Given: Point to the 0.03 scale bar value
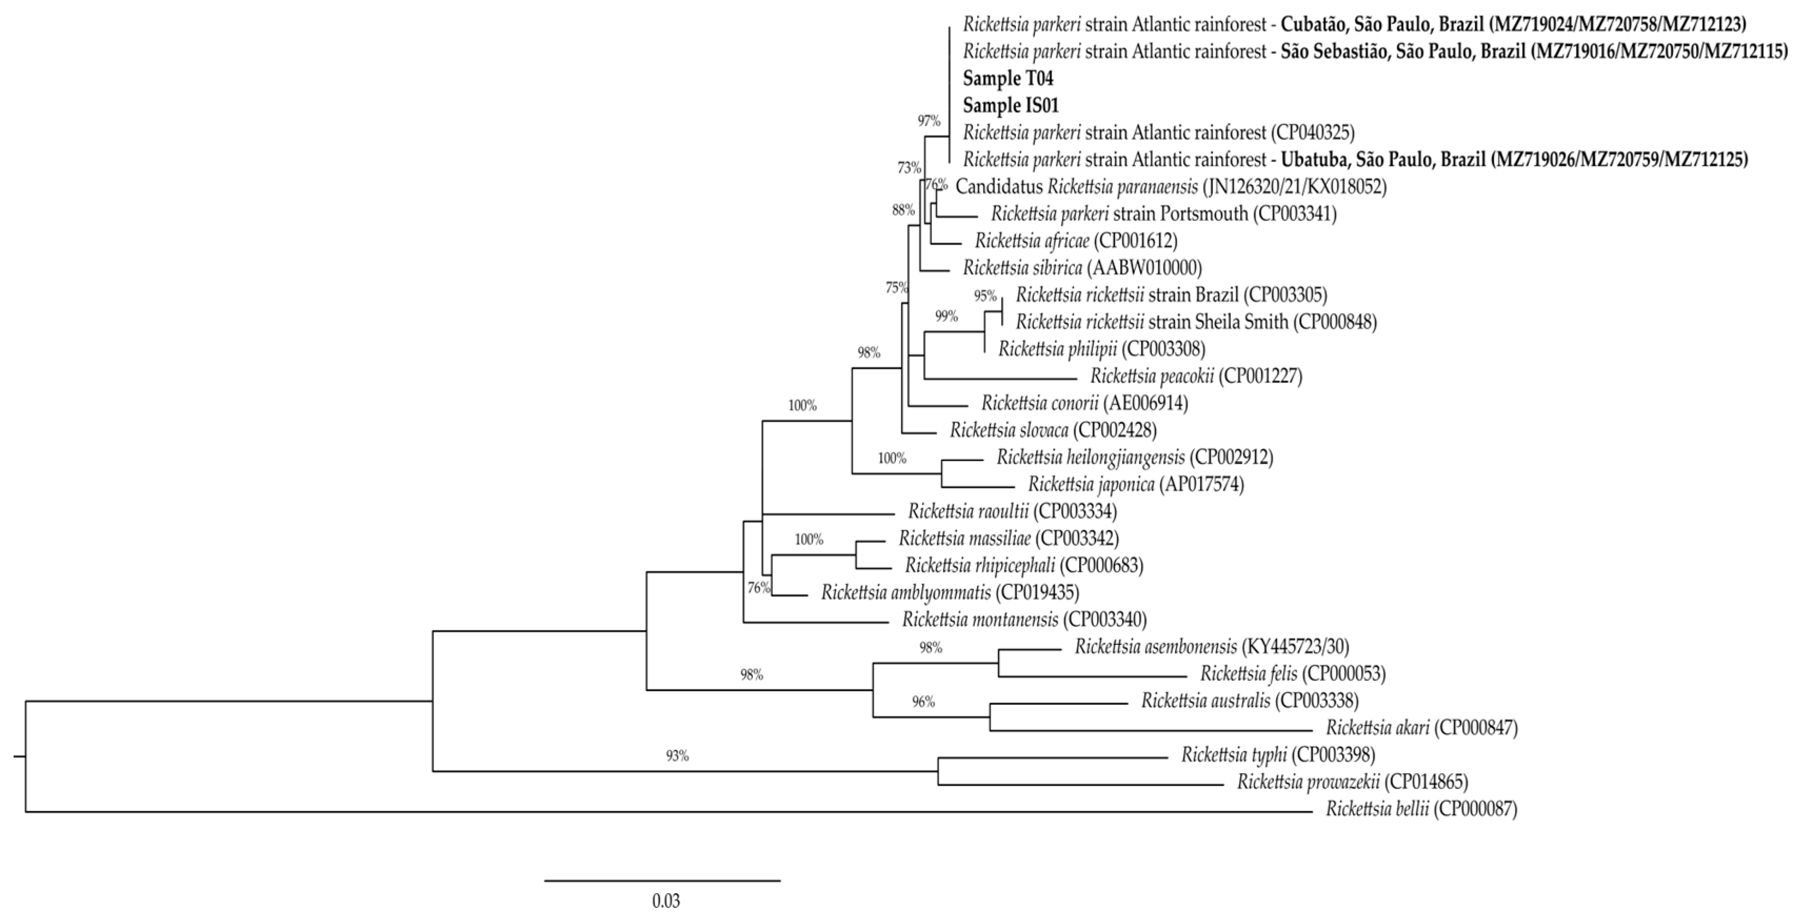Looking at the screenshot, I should pos(666,901).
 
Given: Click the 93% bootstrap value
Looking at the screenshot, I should pos(677,756).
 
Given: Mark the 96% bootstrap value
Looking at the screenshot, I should pos(923,702).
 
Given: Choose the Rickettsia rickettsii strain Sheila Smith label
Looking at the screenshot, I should pos(1196,322).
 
